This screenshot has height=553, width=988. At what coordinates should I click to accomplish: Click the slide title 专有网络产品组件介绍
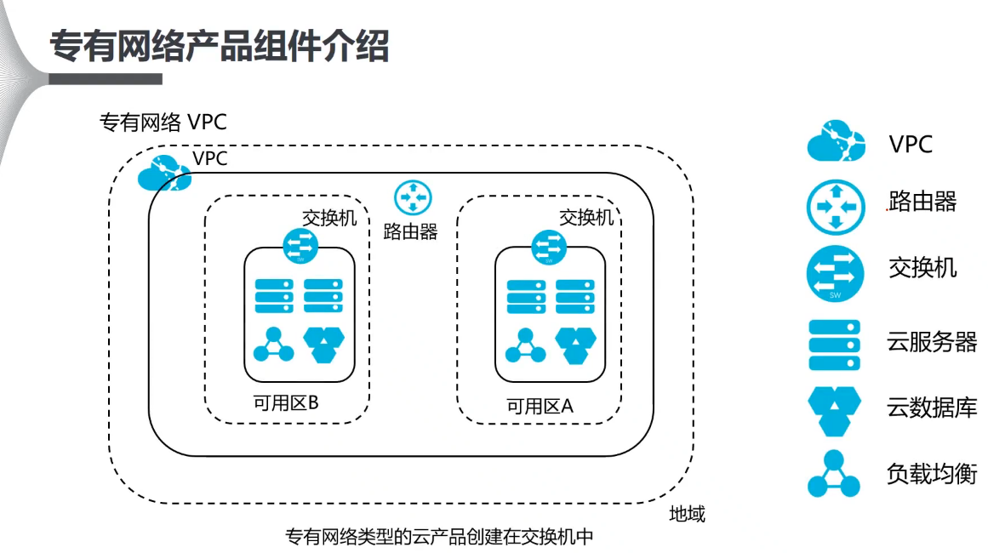point(219,47)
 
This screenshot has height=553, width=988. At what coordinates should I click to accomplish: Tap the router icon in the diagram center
point(413,198)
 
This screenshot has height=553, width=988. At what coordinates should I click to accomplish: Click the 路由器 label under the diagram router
point(411,231)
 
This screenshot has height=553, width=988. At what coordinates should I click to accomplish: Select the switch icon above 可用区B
point(300,247)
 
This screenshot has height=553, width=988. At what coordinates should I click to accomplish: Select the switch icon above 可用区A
point(549,247)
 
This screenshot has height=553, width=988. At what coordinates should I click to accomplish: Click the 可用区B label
point(286,403)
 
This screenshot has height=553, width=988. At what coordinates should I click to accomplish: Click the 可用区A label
point(540,407)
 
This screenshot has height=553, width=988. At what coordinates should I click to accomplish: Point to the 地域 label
point(687,515)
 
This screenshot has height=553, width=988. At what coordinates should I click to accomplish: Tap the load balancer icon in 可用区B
point(273,345)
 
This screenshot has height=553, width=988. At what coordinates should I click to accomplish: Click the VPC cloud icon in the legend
point(836,142)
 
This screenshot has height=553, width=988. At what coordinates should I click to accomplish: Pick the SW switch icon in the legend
point(836,272)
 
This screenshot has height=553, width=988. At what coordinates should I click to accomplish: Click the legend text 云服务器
point(931,344)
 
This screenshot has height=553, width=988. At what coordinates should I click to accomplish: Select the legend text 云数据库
point(931,408)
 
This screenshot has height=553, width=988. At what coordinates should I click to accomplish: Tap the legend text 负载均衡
point(931,474)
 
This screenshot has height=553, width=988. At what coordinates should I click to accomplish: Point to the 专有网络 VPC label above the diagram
point(163,123)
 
